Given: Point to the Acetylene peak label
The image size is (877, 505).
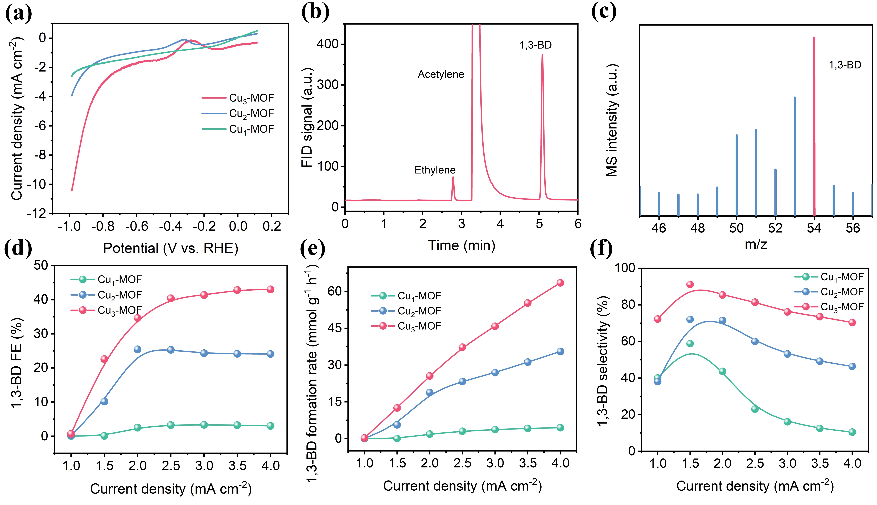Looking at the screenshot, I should click(441, 74).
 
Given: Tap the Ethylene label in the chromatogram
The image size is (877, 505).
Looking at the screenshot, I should click(435, 170).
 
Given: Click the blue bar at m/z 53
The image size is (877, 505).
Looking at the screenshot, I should click(795, 156).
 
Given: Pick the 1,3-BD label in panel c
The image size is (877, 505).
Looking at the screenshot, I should click(845, 65).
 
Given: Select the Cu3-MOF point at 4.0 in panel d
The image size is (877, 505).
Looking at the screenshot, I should click(270, 289).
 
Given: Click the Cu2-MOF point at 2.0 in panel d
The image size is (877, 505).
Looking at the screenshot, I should click(137, 349).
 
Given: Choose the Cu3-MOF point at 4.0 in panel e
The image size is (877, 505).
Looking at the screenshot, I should click(560, 283).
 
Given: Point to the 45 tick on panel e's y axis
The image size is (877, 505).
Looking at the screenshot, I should click(335, 328).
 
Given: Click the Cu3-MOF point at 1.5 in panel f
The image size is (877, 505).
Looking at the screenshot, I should click(690, 284).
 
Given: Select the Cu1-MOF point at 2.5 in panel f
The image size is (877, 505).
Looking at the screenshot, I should click(755, 409).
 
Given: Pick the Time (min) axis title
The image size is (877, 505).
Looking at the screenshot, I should click(462, 245).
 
